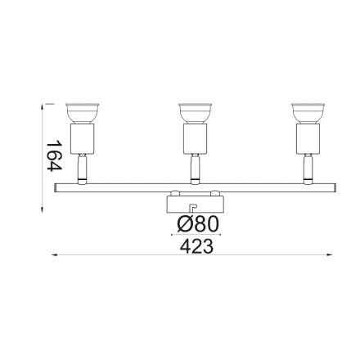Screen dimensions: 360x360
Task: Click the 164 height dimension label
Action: point(54,155)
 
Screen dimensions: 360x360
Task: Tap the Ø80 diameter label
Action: point(198,224)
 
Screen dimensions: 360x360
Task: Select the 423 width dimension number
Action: point(196,246)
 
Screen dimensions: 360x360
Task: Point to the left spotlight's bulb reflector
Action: point(82,113)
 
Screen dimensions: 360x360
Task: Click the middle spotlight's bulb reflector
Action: point(195,113)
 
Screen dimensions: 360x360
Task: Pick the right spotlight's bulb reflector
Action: point(308,113)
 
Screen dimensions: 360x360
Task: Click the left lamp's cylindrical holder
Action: point(83,138)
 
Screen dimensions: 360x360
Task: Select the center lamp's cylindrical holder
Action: point(195,138)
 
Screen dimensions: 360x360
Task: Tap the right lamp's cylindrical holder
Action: point(308,138)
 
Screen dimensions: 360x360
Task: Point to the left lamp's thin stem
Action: point(82,169)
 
